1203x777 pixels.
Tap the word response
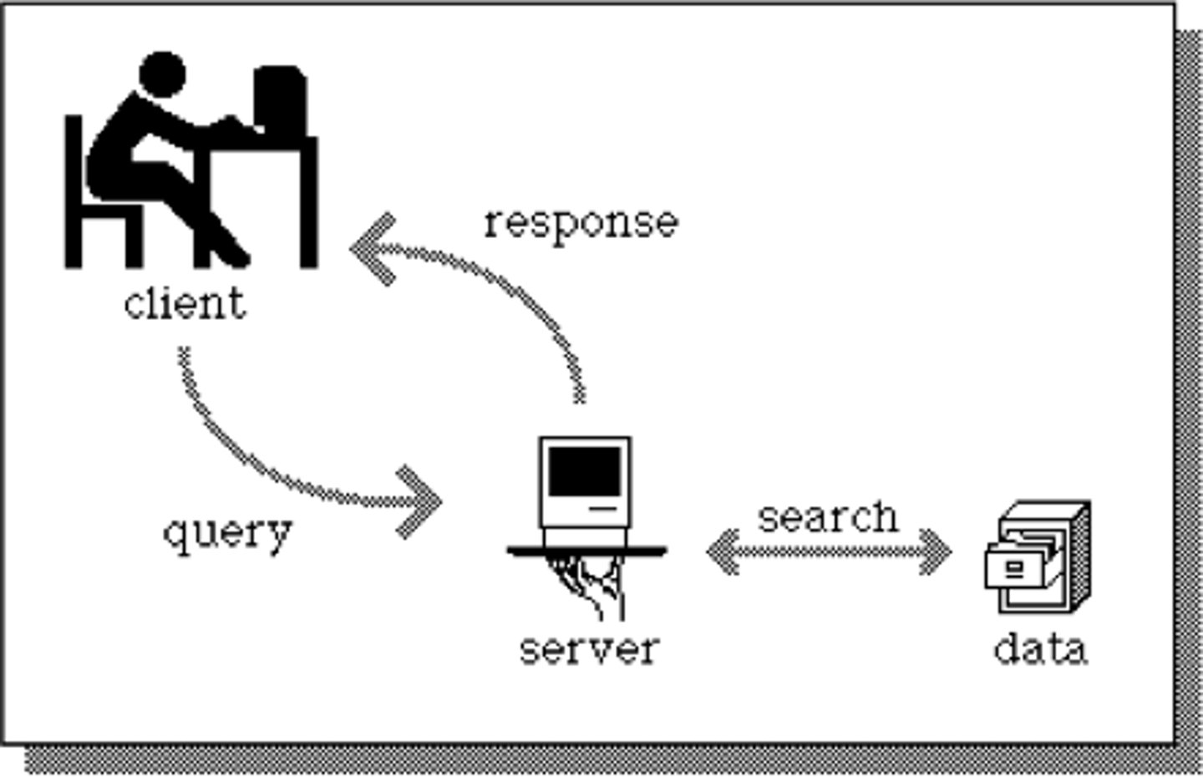[581, 223]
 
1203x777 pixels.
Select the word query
[227, 532]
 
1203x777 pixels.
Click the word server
[589, 649]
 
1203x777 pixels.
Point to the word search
[828, 517]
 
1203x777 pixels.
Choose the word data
[1041, 649]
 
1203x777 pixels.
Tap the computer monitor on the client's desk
[280, 99]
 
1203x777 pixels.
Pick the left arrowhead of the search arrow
[721, 551]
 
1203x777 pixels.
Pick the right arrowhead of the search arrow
[937, 551]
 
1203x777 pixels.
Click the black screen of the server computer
[585, 471]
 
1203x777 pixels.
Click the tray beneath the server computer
[587, 550]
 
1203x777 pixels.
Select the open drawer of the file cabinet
[1021, 568]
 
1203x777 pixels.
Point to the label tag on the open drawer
[1013, 568]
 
